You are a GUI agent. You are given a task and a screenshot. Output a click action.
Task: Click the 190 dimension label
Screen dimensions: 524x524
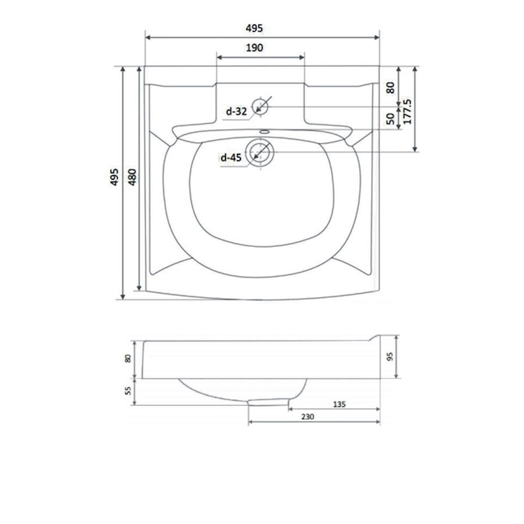pyautogui.click(x=254, y=48)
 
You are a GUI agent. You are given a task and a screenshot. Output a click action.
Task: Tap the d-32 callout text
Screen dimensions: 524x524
pyautogui.click(x=236, y=111)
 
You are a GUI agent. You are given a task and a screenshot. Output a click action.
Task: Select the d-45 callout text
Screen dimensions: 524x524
pyautogui.click(x=231, y=157)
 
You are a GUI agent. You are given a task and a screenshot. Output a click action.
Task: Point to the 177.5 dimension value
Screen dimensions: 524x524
pyautogui.click(x=408, y=111)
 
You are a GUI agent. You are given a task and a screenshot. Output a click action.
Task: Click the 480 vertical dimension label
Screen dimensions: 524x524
pyautogui.click(x=132, y=177)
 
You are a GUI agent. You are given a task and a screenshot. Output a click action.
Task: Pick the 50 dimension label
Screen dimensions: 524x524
pyautogui.click(x=390, y=119)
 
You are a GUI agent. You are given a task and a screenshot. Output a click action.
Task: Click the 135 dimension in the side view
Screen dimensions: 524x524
pyautogui.click(x=339, y=405)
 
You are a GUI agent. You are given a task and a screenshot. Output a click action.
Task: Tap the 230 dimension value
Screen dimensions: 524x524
pyautogui.click(x=307, y=417)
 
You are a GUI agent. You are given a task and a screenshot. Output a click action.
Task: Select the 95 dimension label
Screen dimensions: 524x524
pyautogui.click(x=390, y=356)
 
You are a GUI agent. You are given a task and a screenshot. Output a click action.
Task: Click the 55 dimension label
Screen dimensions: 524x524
pyautogui.click(x=128, y=391)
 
